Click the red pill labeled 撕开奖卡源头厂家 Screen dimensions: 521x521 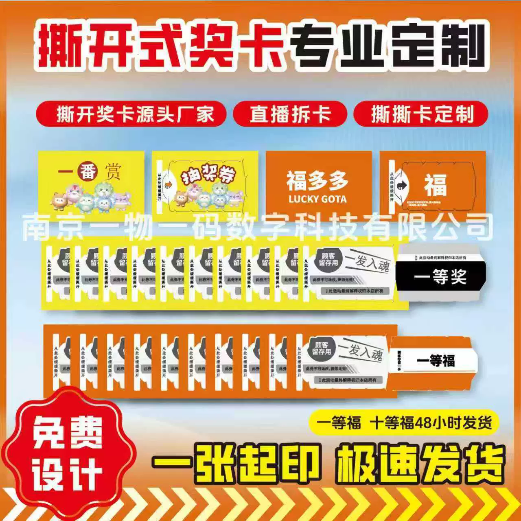pos(131,114)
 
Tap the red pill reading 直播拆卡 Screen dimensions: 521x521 pos(290,114)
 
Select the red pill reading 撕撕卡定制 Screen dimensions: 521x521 pos(421,114)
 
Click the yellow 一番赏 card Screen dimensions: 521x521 pos(91,183)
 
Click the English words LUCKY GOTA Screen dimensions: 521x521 pos(317,199)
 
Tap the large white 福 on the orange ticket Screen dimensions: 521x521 pos(436,185)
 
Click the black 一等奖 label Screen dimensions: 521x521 pos(440,277)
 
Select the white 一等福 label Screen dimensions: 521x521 pos(436,361)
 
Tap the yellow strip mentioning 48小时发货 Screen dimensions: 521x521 pos(401,423)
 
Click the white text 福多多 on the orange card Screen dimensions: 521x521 pos(317,181)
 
